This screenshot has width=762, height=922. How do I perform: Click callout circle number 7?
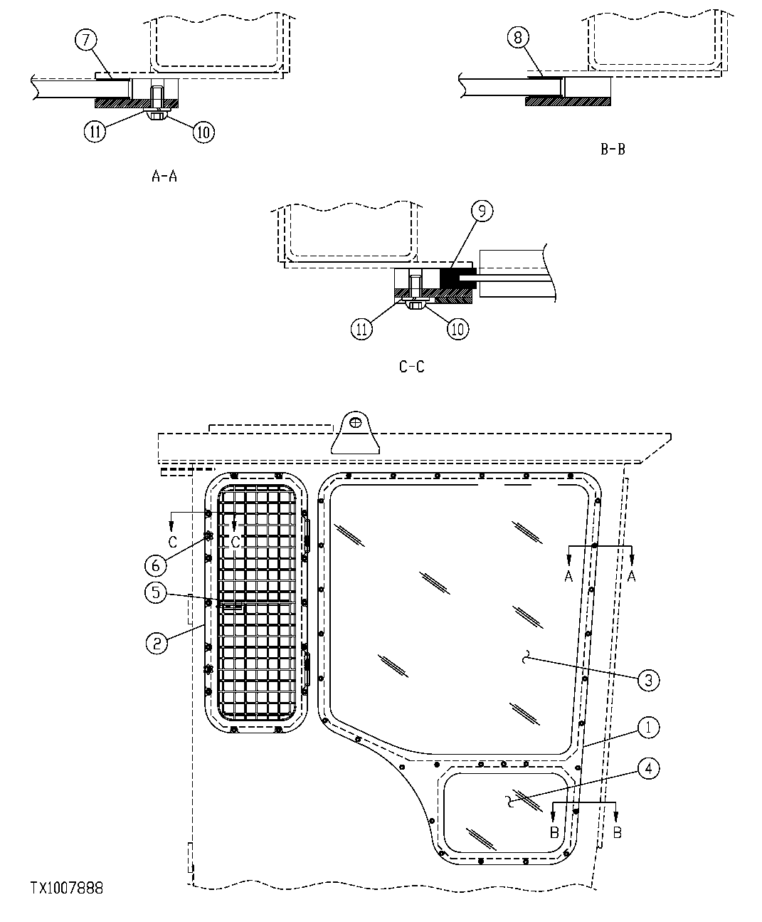click(85, 41)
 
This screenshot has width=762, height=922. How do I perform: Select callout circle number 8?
click(517, 38)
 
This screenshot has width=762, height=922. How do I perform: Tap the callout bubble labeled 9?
click(482, 211)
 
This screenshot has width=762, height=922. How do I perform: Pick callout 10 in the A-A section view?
click(203, 131)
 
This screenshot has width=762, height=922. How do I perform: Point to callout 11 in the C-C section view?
click(361, 329)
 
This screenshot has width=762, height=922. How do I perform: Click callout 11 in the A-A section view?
click(95, 131)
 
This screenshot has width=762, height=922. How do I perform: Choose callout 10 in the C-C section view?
click(458, 328)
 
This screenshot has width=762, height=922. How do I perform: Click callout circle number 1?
click(648, 728)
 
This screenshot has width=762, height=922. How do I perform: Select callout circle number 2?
click(157, 643)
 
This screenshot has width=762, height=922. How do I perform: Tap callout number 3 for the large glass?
click(647, 680)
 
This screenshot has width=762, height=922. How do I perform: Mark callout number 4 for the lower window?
click(648, 769)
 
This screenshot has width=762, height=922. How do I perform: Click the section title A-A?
click(164, 176)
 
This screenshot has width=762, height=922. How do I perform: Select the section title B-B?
click(613, 150)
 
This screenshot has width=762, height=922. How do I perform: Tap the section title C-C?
click(412, 367)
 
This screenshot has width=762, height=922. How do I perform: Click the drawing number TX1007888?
click(67, 888)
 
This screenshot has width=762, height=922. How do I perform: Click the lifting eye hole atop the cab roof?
click(356, 424)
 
